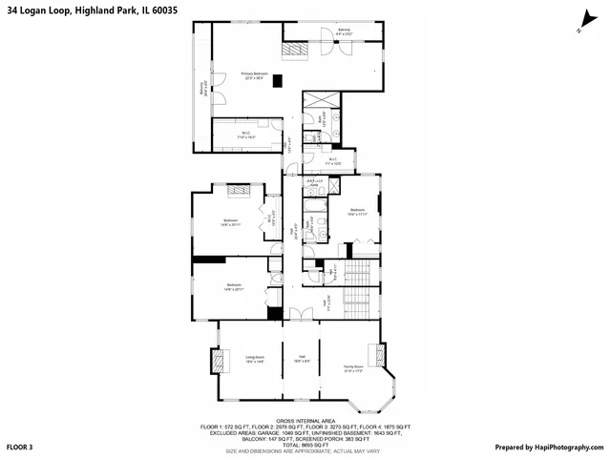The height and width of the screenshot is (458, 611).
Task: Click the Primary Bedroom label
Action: point(253,75)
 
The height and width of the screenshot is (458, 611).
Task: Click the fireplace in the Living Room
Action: point(218,360)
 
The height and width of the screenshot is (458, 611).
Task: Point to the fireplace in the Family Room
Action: point(384,355)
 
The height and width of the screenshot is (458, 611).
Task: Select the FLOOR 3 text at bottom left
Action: point(20,447)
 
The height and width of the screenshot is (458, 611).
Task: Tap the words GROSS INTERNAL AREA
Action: point(305,420)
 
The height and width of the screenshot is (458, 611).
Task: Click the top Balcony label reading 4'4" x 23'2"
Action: point(344,34)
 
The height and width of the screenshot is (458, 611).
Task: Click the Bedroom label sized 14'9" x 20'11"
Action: point(234,286)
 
